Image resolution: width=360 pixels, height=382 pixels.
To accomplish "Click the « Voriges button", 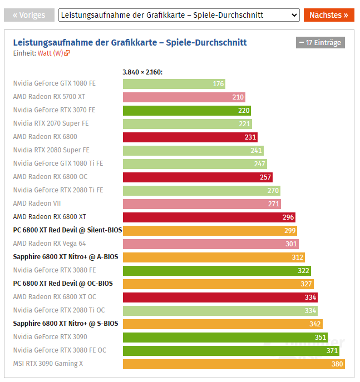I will coord(29,15).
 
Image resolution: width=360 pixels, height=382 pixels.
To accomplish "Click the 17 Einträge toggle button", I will coord(320,42).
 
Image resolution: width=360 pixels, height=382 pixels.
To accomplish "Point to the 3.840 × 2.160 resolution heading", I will coord(142,72).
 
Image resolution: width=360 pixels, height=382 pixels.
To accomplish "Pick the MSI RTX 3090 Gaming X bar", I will coord(234,364).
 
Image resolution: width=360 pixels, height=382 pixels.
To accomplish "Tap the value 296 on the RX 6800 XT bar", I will coord(288,217).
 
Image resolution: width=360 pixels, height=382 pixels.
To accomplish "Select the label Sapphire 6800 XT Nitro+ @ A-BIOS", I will coord(65,257).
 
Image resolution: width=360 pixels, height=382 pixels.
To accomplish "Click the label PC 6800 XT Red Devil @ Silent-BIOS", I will coord(67,230).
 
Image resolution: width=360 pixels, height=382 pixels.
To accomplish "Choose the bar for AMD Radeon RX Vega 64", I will coord(210,244).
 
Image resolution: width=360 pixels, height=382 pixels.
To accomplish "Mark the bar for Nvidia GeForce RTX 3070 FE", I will coord(186,111).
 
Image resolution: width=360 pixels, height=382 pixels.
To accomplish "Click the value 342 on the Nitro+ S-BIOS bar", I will coord(315,324).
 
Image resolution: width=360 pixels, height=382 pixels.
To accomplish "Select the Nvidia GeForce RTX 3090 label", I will coord(50,337).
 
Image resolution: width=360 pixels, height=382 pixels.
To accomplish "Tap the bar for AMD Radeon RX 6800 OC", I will coord(198,177).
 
